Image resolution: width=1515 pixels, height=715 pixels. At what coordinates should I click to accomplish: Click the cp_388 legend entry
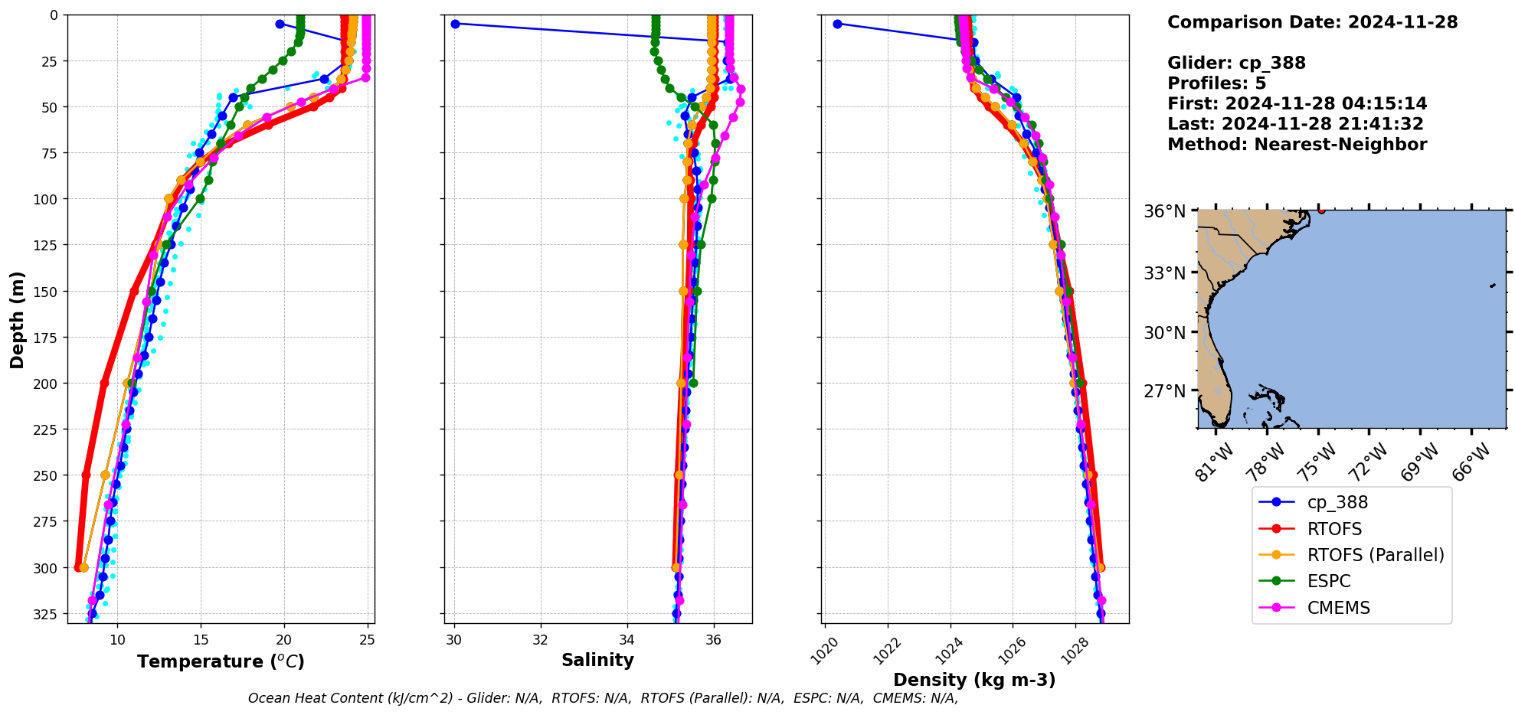point(1337,503)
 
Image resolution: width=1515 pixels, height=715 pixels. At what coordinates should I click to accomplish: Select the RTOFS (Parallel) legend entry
point(1375,555)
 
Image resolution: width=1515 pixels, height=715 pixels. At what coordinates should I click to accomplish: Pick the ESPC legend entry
point(1328,581)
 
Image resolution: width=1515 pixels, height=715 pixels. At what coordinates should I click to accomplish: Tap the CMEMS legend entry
point(1337,608)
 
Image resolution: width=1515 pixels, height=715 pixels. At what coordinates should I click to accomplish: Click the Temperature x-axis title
point(221,661)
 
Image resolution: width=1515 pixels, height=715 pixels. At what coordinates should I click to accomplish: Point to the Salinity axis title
point(597,660)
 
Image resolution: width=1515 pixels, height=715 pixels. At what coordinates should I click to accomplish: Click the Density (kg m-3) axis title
point(974,680)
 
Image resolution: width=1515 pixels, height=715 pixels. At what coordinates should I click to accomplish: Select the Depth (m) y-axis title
point(17,319)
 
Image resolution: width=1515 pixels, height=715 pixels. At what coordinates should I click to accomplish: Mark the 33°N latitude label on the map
point(1164,273)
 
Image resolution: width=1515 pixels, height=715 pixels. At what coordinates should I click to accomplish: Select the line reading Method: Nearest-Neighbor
point(1297,145)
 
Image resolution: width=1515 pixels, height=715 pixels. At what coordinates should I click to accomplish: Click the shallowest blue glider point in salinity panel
point(455,24)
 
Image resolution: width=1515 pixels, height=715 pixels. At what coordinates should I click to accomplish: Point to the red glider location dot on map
point(1321,210)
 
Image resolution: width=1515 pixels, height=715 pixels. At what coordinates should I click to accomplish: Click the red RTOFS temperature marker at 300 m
point(79,567)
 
